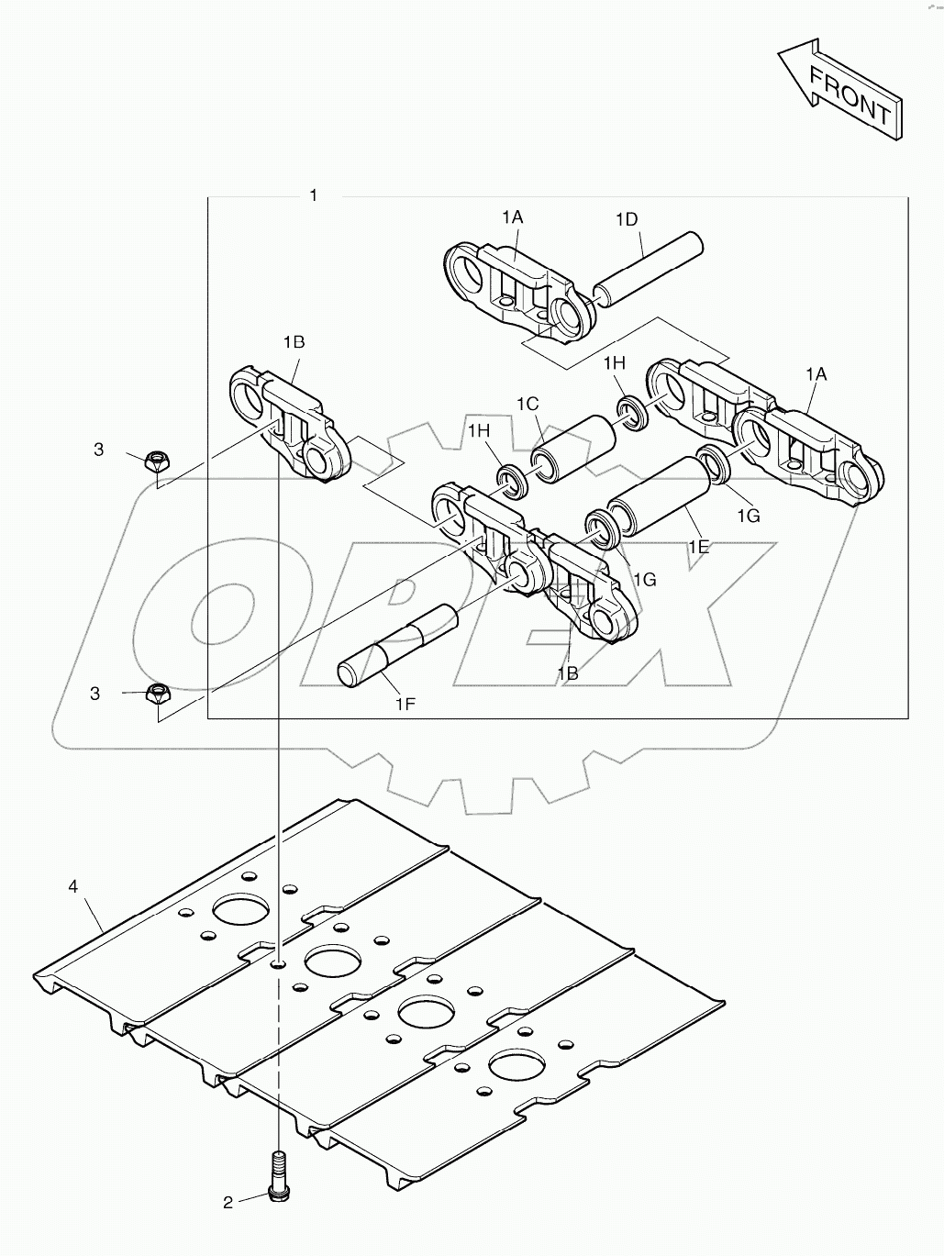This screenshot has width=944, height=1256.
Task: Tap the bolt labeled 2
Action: pyautogui.click(x=276, y=1174)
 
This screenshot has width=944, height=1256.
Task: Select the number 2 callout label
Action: pyautogui.click(x=228, y=1202)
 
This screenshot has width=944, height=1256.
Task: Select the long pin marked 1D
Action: pyautogui.click(x=648, y=268)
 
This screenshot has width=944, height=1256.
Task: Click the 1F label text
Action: pyautogui.click(x=405, y=704)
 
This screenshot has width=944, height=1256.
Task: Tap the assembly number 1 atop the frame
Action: pyautogui.click(x=313, y=195)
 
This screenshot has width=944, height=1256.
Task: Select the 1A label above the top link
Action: pyautogui.click(x=512, y=217)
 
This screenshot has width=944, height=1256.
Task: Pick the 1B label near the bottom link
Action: pyautogui.click(x=567, y=672)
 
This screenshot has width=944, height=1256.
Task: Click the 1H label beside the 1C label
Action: pyautogui.click(x=479, y=431)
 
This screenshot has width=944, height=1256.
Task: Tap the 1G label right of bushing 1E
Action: pyautogui.click(x=748, y=516)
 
